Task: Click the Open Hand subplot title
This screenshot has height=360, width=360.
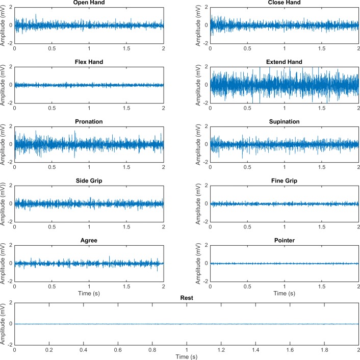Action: [89, 3]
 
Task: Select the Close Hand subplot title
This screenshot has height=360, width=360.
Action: [284, 3]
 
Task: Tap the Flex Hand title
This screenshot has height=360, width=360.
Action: [89, 62]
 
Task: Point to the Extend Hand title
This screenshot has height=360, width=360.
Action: [284, 62]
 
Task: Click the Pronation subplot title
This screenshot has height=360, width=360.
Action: [89, 121]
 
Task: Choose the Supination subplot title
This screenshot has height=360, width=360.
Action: [284, 121]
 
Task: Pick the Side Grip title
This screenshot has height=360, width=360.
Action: [89, 181]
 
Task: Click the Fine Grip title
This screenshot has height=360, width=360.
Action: [284, 181]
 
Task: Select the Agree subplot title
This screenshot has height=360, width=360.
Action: [89, 241]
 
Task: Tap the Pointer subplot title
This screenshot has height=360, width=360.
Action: [284, 241]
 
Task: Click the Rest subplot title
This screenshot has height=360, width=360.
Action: [187, 298]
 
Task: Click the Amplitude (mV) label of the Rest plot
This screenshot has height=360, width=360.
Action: [4, 324]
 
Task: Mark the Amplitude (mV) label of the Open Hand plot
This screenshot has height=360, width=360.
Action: [4, 25]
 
